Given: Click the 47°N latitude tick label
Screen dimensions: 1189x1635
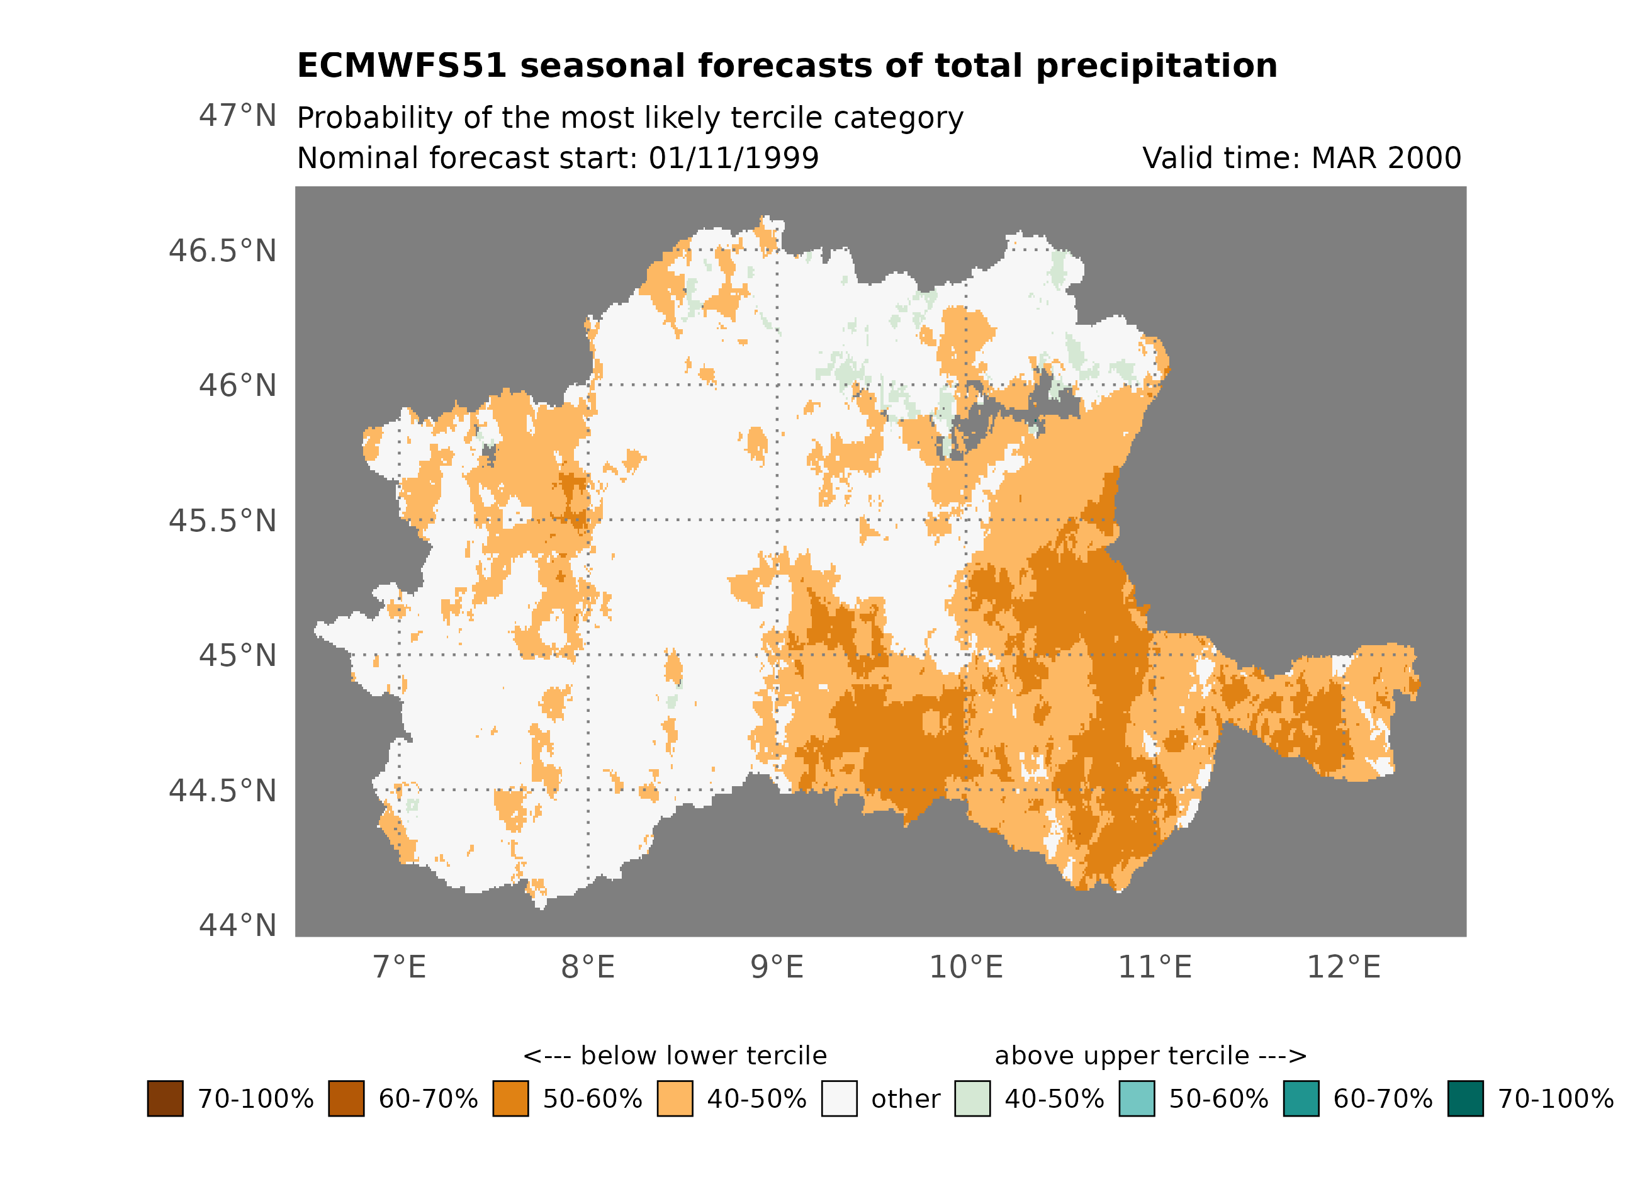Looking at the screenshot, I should [x=237, y=116].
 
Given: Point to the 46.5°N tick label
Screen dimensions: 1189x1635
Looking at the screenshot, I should [x=222, y=251].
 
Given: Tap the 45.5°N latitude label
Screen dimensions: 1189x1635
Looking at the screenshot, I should [x=222, y=521].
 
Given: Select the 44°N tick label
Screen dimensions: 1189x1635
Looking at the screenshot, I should [x=237, y=925].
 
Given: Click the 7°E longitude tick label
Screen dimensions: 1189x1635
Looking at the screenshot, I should [x=400, y=967].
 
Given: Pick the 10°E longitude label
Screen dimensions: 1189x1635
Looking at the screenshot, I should [x=965, y=967].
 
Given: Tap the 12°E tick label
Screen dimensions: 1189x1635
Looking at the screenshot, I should [x=1343, y=967].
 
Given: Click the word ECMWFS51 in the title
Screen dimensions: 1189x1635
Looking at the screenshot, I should [x=402, y=65].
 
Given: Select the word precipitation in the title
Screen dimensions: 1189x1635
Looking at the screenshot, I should [x=1155, y=65].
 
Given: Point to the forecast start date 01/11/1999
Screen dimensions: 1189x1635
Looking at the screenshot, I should [x=733, y=158].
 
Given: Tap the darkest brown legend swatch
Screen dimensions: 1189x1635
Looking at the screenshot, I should [x=165, y=1099].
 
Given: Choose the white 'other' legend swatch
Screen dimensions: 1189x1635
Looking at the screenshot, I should [x=839, y=1099].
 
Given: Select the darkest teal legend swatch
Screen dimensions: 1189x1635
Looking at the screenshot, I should [x=1465, y=1099].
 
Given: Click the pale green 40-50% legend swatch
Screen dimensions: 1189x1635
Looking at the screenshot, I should [x=972, y=1099].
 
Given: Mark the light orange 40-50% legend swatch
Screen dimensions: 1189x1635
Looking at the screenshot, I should [x=675, y=1099].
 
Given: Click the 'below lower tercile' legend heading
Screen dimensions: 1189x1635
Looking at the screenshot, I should [x=675, y=1056].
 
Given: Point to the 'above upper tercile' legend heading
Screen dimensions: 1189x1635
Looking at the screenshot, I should [x=1150, y=1056].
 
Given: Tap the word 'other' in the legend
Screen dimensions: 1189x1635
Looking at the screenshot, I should [x=906, y=1100].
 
